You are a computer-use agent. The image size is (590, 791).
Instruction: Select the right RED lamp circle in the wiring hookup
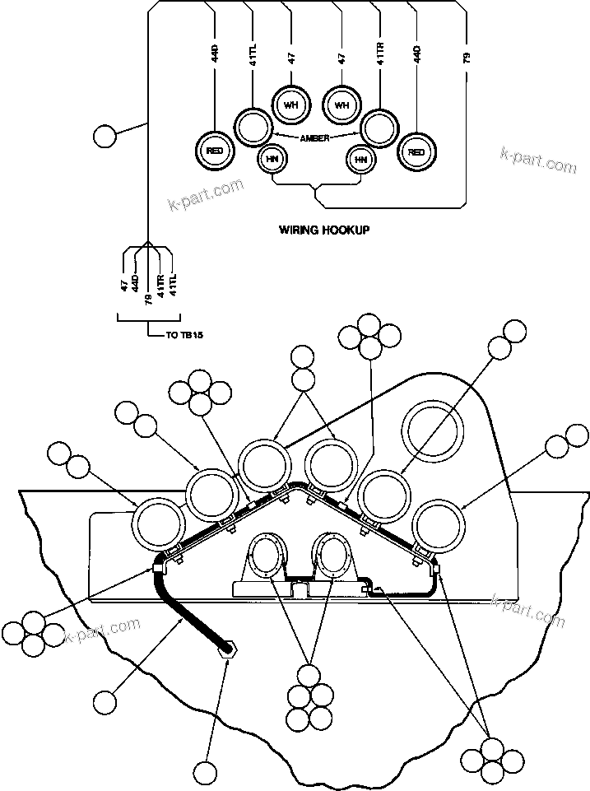416,151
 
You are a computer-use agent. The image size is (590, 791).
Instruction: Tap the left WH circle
289,105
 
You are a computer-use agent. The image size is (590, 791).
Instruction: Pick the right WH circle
341,105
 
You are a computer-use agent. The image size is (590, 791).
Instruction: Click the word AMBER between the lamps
315,138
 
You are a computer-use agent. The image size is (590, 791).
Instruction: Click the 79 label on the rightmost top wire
467,58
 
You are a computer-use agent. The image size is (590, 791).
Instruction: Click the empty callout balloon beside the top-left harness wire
105,136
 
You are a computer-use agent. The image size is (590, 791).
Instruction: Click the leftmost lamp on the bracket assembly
158,523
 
